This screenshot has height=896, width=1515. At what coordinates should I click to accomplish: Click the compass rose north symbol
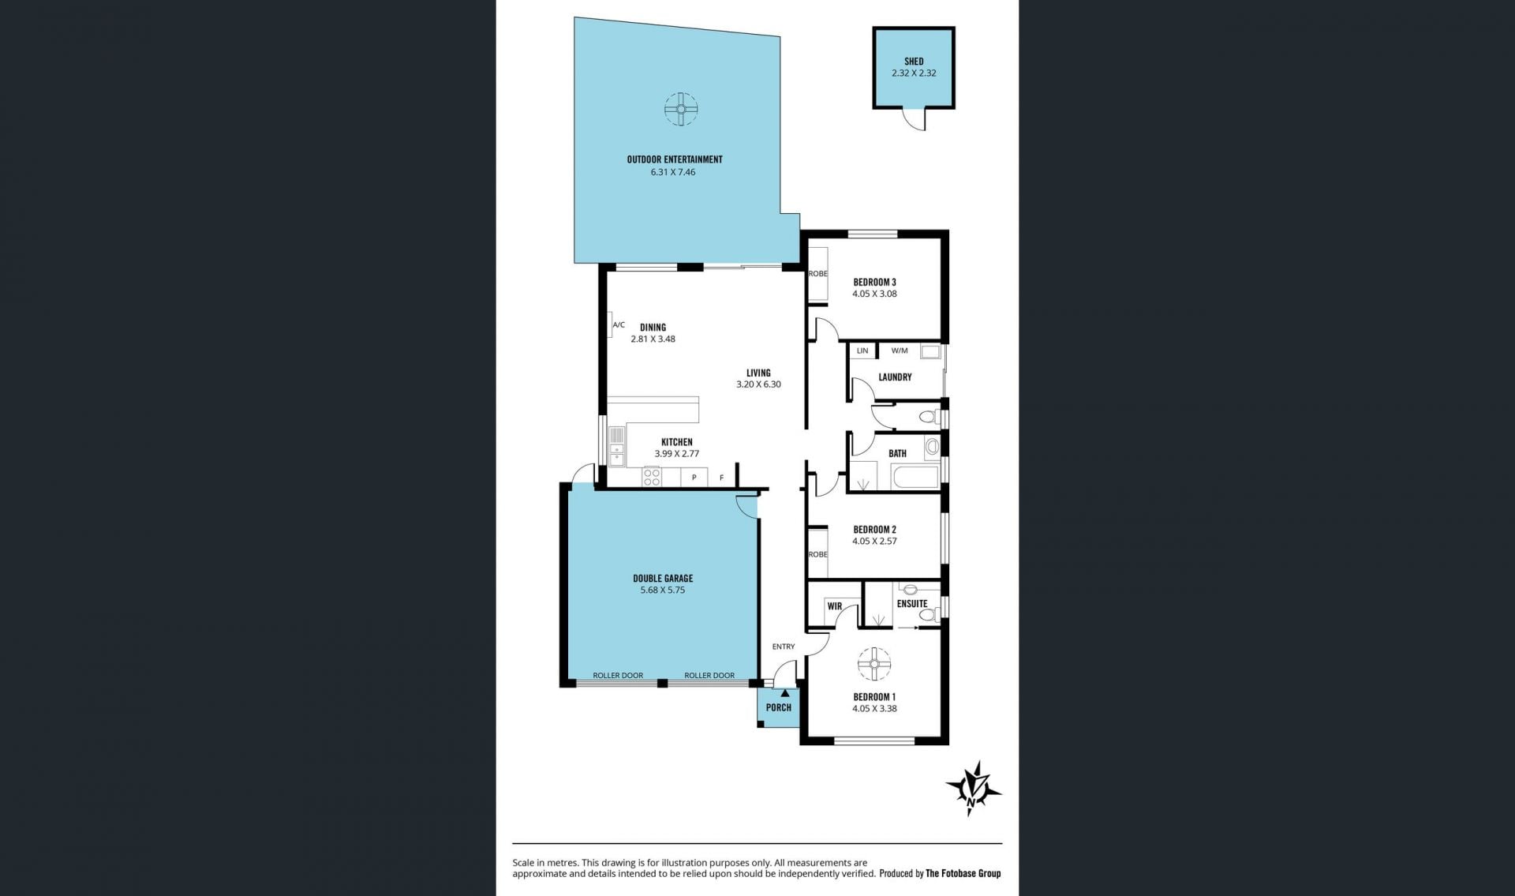point(974,788)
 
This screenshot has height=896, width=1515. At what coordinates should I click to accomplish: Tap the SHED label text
point(914,61)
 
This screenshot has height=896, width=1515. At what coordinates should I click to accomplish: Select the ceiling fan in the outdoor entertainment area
point(680,110)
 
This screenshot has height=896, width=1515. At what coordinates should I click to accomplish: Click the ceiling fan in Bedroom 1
point(874,664)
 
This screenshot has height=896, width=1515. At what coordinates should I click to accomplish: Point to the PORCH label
point(779,707)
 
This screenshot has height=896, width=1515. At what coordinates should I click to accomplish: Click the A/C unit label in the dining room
point(619,324)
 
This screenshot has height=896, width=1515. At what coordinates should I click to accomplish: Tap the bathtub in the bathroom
point(915,478)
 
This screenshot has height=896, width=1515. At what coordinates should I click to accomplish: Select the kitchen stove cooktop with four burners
point(652,476)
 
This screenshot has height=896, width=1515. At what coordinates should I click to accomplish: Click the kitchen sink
point(616,446)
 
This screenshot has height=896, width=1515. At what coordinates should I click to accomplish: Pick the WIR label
point(835,606)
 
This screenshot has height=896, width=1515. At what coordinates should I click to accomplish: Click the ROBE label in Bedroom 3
point(818,274)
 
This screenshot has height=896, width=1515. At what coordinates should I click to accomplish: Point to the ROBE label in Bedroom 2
point(818,554)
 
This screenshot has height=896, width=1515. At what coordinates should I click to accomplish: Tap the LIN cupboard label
point(862,351)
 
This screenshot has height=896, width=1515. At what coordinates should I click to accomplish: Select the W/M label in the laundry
point(900,351)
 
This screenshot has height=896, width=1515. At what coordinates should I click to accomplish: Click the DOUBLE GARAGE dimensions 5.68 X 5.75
point(663,590)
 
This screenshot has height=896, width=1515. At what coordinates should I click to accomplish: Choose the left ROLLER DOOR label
point(618,675)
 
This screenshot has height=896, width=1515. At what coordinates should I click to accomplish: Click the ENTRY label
point(784,647)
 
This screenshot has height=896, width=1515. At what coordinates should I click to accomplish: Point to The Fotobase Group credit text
point(963,873)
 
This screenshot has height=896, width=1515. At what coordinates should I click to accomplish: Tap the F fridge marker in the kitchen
point(721,478)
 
